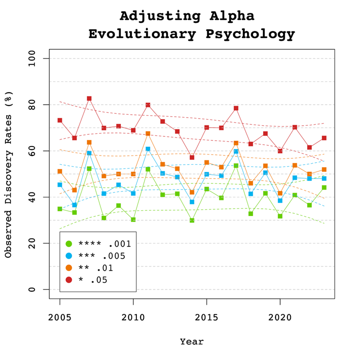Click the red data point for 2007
click(x=89, y=98)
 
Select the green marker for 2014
click(x=192, y=220)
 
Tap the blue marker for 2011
click(x=148, y=149)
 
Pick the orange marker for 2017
click(x=236, y=143)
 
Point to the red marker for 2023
click(x=324, y=138)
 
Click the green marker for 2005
click(x=60, y=209)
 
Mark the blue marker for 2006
click(x=74, y=205)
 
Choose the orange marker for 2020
click(x=280, y=193)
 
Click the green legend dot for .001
click(x=69, y=243)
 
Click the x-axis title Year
click(x=192, y=342)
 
